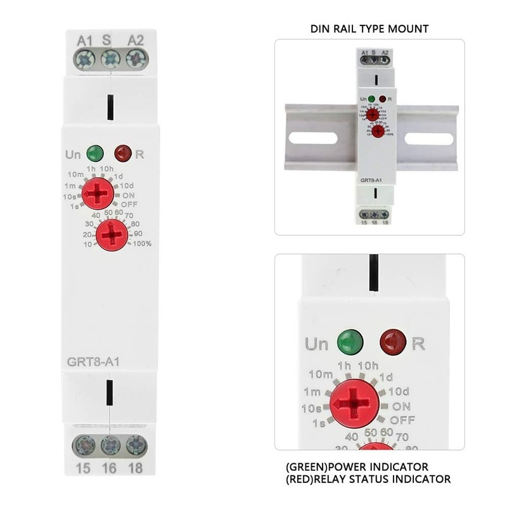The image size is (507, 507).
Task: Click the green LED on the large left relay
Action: [95, 153]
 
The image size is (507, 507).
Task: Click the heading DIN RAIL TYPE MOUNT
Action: [369, 29]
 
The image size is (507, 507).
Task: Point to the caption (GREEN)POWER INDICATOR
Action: [357, 467]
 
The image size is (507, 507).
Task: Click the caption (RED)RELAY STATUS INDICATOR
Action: [368, 479]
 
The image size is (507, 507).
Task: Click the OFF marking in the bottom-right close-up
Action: [402, 420]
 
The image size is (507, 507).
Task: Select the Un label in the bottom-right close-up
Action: [316, 344]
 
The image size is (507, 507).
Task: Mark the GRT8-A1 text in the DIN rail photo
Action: [369, 181]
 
